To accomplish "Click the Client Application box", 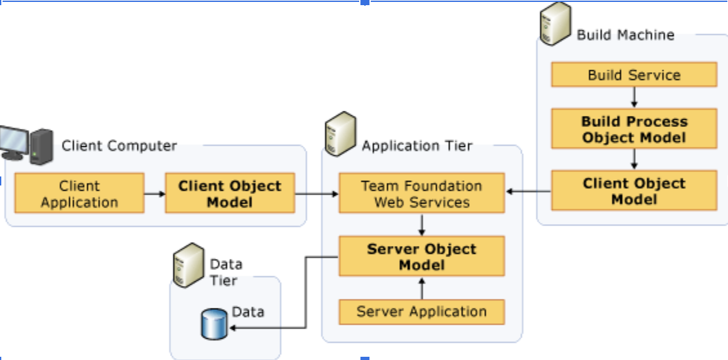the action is pos(79,193).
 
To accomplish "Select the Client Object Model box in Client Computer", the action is pos(230,193).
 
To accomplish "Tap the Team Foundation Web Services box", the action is pos(422,193).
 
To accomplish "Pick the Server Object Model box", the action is pos(422,256).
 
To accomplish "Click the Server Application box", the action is pos(422,312).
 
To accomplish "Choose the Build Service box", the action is pos(634,74).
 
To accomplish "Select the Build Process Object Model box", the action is pos(634,129).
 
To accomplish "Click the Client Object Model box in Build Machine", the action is pos(634,191).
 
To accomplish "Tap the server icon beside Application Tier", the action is pos(341,133).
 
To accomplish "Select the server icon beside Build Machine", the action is pos(555,23).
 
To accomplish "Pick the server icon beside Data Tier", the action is pos(189,265).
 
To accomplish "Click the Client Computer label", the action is pos(119,146).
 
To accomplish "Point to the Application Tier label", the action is pos(417,146).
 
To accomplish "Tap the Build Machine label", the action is pos(626,35).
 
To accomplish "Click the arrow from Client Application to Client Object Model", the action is pos(154,194).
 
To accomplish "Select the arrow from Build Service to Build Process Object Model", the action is pos(634,97).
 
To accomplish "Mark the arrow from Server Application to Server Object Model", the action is pos(422,288).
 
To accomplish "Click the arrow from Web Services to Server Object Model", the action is pos(422,225).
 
